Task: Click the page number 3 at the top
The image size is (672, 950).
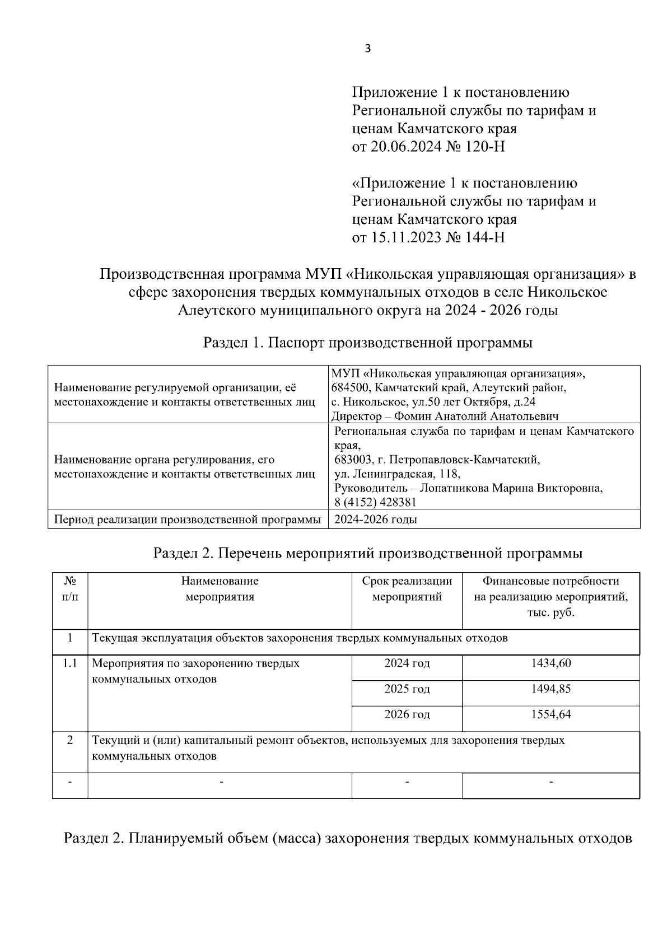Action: [367, 49]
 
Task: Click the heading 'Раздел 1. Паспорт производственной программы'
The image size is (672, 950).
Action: [367, 343]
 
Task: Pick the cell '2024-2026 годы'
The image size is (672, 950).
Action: [375, 520]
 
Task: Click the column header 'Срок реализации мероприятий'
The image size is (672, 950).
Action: [407, 589]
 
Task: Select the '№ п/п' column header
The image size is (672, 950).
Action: [70, 589]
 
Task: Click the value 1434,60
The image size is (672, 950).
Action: [550, 664]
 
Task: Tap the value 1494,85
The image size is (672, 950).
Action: [550, 689]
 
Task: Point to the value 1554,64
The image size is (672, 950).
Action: [550, 715]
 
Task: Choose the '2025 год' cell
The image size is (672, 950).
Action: [407, 689]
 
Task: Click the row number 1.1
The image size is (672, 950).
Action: [70, 664]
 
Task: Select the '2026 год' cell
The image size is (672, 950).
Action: [407, 715]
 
